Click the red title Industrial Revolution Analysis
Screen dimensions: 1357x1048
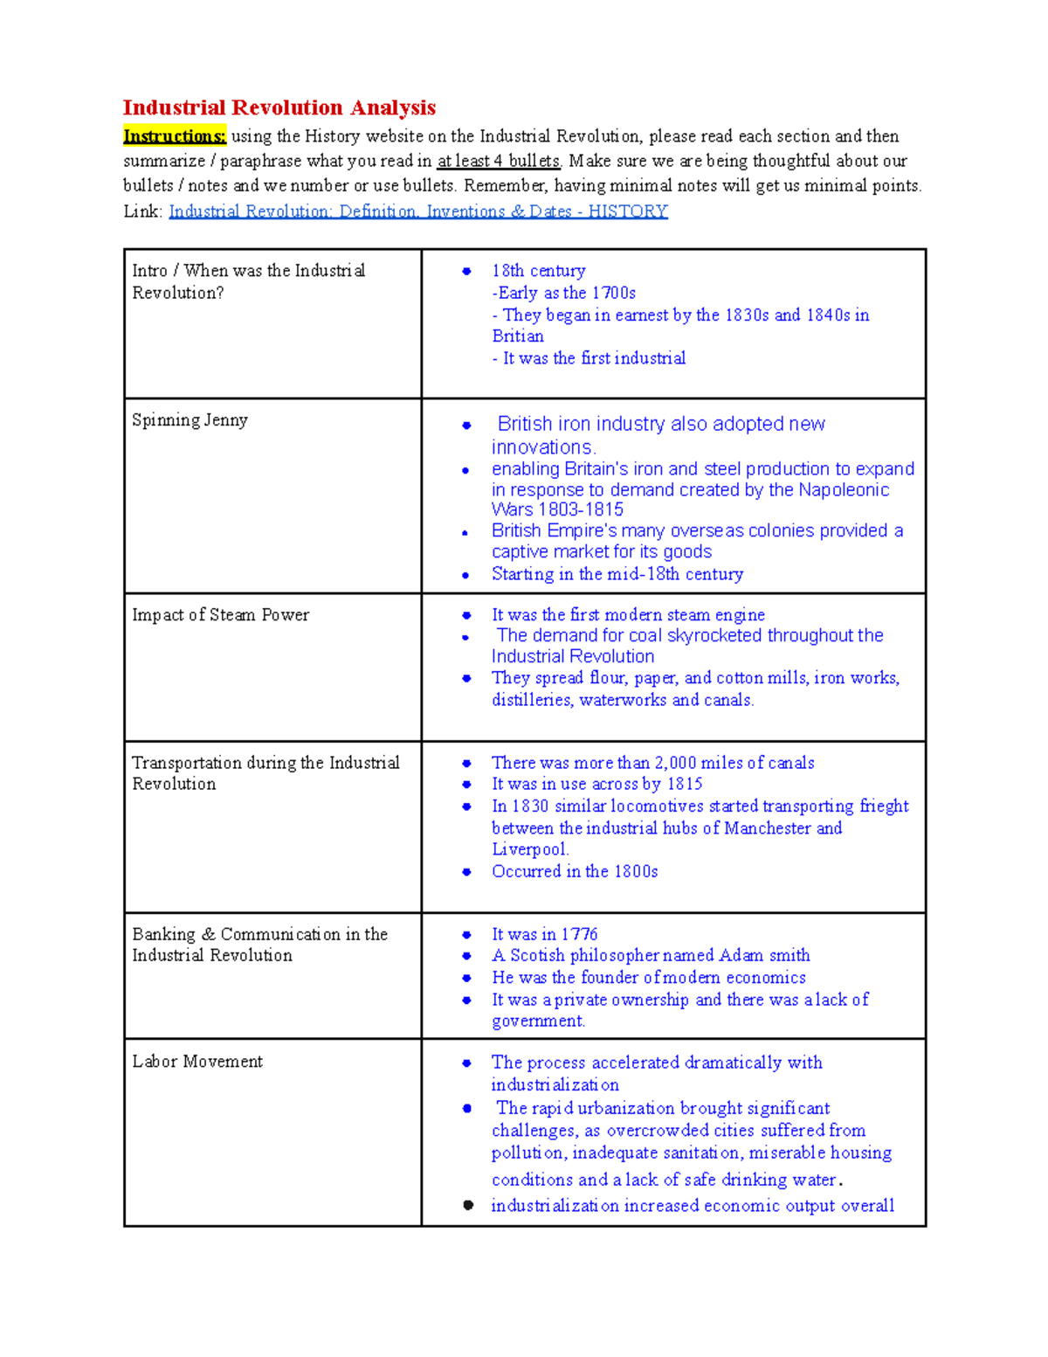[x=279, y=107]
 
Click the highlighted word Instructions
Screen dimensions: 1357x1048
[x=175, y=136]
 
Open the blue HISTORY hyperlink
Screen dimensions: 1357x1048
[x=417, y=211]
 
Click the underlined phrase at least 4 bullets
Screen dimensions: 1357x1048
[x=499, y=161]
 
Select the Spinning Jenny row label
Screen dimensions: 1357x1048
[x=190, y=420]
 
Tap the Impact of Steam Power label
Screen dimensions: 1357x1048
[x=220, y=615]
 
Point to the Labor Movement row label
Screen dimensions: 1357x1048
[x=197, y=1062]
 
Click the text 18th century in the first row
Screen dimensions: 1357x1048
[x=538, y=271]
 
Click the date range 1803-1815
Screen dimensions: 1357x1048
[x=580, y=509]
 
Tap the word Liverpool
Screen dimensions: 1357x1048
[x=529, y=849]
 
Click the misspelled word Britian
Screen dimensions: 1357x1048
[x=517, y=336]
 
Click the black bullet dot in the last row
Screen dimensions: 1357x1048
[x=468, y=1205]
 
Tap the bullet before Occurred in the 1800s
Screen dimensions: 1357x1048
[x=467, y=872]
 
